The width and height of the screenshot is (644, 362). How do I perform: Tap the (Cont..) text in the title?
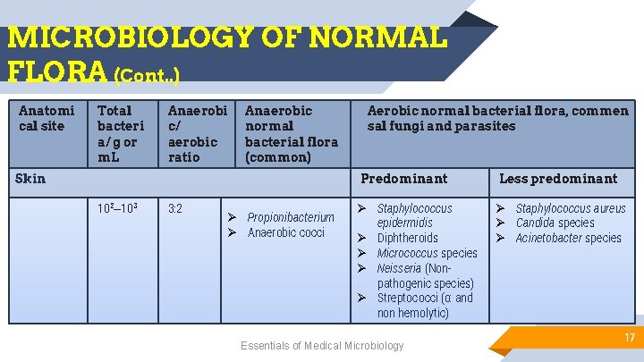tap(147, 75)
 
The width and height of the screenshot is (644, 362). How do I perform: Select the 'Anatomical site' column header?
tap(47, 118)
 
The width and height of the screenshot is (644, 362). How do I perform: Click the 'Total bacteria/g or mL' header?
tap(118, 134)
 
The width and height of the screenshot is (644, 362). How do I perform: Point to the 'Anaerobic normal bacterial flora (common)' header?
tap(291, 134)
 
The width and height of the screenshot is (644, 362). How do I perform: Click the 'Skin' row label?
tap(30, 179)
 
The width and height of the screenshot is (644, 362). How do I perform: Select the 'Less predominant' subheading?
tap(557, 179)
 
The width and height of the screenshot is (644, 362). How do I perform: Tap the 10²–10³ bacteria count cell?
tap(115, 209)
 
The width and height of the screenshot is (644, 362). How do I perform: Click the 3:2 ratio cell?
tap(175, 209)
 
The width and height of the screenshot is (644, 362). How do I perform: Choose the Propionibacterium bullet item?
tap(290, 217)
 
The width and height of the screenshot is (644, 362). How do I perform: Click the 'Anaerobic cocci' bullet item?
tap(285, 232)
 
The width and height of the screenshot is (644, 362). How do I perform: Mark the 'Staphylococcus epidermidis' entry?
tap(414, 215)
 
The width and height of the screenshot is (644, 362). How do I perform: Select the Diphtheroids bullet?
tap(407, 238)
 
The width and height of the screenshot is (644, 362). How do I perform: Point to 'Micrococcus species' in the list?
tap(427, 253)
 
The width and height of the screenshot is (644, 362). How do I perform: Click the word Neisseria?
tap(399, 268)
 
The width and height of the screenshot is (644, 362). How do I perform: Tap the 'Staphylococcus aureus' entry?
tap(570, 208)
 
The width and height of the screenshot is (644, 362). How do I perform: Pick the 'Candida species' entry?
tap(555, 223)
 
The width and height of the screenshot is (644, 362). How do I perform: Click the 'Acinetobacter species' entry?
tap(568, 238)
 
